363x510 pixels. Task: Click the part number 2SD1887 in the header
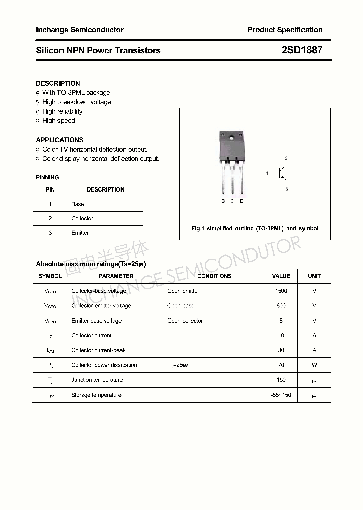[x=301, y=50]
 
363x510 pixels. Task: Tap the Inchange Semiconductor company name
[x=80, y=30]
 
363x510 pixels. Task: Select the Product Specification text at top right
[x=285, y=30]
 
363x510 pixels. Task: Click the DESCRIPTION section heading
[x=58, y=83]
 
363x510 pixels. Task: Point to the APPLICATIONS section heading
[x=59, y=140]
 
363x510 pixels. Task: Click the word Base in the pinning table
[x=77, y=204]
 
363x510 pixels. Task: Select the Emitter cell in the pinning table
[x=80, y=233]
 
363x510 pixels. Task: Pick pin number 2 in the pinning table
[x=50, y=218]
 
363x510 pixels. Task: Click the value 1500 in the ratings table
[x=281, y=291]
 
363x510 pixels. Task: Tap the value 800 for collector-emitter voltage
[x=281, y=305]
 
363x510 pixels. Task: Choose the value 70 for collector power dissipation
[x=281, y=365]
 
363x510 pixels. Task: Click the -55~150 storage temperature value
[x=281, y=395]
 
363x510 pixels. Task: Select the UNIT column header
[x=314, y=276]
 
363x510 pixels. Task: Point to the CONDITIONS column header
[x=214, y=276]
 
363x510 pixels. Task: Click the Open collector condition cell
[x=185, y=321]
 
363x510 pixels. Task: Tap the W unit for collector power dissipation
[x=314, y=365]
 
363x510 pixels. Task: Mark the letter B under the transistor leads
[x=223, y=201]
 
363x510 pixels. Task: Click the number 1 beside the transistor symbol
[x=267, y=174]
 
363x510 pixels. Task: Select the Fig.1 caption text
[x=255, y=228]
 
